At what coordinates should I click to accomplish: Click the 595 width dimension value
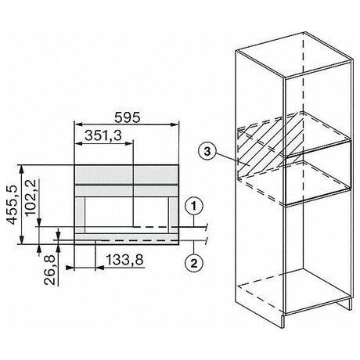tap(127, 117)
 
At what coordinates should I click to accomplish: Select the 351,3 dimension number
tap(103, 135)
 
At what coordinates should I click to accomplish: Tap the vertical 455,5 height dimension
tap(12, 205)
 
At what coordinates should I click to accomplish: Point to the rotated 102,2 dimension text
tap(31, 197)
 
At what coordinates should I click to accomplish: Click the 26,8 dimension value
tap(49, 270)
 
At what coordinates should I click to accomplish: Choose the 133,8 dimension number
tap(124, 260)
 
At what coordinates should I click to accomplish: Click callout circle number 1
tap(194, 207)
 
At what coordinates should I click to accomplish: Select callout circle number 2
tap(194, 264)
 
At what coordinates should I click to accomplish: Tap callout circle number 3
tap(207, 151)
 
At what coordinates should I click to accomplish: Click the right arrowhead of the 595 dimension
tap(175, 124)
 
